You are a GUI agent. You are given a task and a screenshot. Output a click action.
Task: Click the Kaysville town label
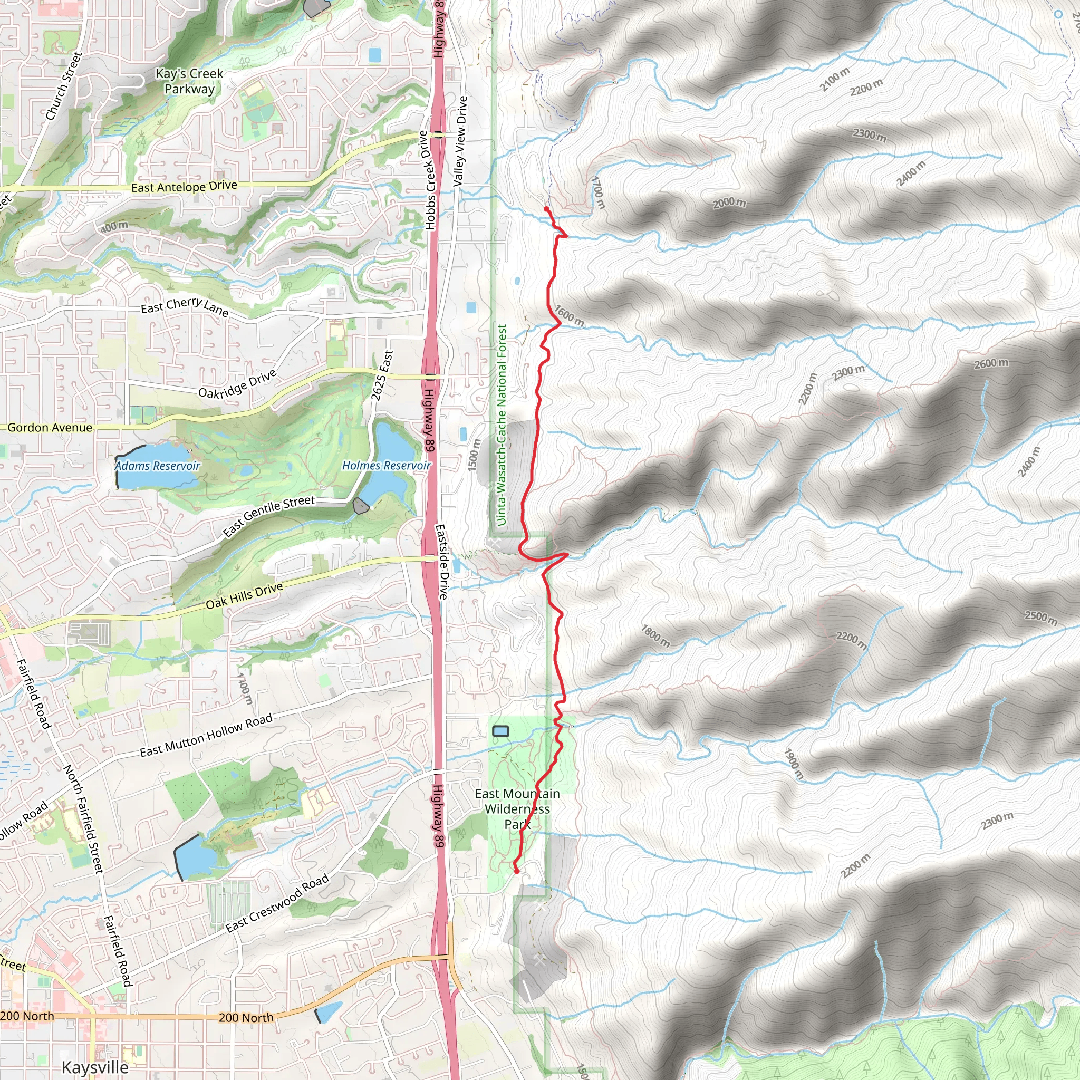[x=95, y=1067]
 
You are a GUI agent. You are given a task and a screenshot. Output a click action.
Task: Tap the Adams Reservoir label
[x=158, y=466]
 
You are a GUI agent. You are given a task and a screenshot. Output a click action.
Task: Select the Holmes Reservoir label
[x=386, y=465]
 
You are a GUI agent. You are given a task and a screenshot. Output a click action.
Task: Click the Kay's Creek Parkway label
[x=189, y=81]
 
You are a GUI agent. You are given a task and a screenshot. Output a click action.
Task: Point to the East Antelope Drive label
[x=184, y=187]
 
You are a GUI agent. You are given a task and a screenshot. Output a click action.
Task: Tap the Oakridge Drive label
[x=238, y=384]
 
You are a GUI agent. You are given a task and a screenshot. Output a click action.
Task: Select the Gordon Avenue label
[x=50, y=428]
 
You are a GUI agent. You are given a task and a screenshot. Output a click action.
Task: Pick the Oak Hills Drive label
[x=244, y=596]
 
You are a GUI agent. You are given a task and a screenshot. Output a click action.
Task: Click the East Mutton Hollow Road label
[x=206, y=735]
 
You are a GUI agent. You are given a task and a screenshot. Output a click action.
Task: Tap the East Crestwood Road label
[x=277, y=904]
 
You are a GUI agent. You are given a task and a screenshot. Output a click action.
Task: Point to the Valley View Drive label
[x=460, y=141]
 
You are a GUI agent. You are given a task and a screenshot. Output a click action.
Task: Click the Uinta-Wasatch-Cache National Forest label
[x=502, y=425]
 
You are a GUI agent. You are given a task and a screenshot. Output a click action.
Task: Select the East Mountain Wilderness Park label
[x=517, y=809]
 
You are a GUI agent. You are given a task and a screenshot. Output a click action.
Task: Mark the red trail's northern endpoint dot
[x=546, y=209]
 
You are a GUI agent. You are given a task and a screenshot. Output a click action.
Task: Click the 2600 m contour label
[x=991, y=363]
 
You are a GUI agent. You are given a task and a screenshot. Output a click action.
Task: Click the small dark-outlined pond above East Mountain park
[x=501, y=731]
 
